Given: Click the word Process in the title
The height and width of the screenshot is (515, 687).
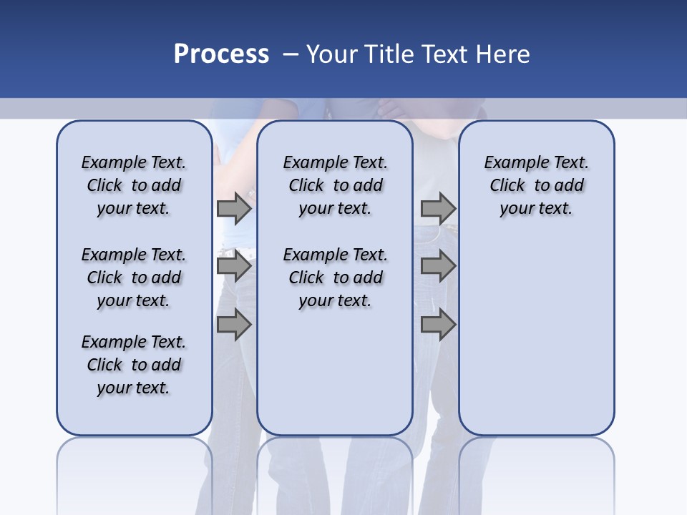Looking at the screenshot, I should click(x=221, y=54).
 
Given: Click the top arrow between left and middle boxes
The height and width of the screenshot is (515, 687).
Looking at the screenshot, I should click(x=234, y=208).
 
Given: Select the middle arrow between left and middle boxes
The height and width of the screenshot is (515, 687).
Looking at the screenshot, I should click(x=234, y=267).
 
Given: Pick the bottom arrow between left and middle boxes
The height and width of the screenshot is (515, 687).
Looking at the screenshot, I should click(x=234, y=325).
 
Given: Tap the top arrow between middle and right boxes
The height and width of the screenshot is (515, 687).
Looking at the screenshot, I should click(x=438, y=208).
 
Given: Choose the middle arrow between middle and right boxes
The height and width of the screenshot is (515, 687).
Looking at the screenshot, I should click(x=438, y=267).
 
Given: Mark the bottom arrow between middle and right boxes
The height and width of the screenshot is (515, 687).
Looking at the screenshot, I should click(x=438, y=325).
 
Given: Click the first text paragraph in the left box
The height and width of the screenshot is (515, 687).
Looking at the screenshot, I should click(x=134, y=185).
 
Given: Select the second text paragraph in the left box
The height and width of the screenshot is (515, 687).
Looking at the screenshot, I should click(x=134, y=278).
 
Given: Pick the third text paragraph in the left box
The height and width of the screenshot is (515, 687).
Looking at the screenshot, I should click(x=134, y=365).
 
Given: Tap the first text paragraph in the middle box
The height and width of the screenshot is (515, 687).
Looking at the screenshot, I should click(x=335, y=185).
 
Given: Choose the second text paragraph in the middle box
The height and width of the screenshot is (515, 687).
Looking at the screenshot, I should click(x=335, y=278).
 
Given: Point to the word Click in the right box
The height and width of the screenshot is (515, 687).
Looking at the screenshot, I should click(x=507, y=186).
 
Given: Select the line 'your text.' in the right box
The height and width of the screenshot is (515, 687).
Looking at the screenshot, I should click(x=536, y=209).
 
